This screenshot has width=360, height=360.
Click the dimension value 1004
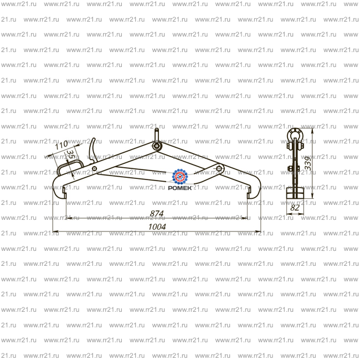coord(157,227)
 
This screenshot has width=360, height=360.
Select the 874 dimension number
coord(157,214)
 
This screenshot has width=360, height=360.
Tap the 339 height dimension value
coord(308,163)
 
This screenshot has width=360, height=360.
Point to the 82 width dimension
coord(295,208)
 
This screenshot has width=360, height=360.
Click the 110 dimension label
coord(61,145)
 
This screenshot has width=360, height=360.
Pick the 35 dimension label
coord(71,155)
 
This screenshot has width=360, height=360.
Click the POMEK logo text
coord(180,188)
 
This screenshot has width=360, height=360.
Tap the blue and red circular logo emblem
coord(180,177)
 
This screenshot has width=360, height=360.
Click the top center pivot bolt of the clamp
coord(157,146)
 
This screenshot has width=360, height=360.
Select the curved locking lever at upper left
coord(92,151)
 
